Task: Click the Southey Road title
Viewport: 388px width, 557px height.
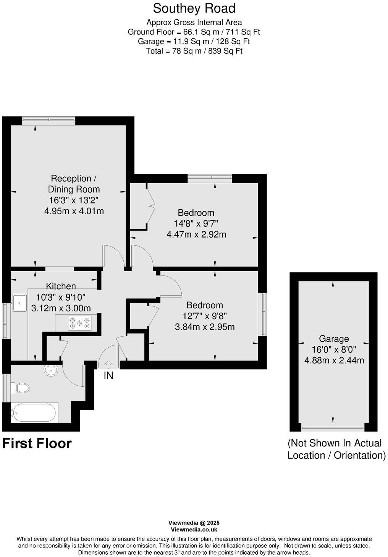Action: (194, 8)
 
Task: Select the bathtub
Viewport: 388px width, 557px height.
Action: (34, 412)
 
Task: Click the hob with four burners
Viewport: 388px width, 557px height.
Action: (80, 323)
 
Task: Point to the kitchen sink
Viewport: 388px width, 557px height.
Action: (19, 303)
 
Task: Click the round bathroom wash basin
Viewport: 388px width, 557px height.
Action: (51, 370)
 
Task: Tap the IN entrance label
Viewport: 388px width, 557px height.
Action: (108, 376)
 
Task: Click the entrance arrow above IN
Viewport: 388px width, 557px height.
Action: (108, 365)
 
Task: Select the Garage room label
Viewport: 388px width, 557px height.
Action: (334, 339)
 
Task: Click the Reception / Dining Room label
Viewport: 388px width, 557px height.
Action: (74, 184)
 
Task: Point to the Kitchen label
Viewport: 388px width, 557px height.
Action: (61, 286)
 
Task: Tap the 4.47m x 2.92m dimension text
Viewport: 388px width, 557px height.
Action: (196, 234)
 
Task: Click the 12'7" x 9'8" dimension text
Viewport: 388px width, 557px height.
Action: (204, 316)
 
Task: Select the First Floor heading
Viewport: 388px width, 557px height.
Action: (37, 443)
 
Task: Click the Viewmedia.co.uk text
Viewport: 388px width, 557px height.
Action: (194, 530)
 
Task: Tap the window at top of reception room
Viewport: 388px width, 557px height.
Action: (48, 121)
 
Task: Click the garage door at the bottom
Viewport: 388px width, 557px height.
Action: (332, 428)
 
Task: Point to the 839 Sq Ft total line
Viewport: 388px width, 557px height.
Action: (194, 51)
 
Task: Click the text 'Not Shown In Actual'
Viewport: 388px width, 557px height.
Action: (335, 443)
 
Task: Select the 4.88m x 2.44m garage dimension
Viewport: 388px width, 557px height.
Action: (334, 360)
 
